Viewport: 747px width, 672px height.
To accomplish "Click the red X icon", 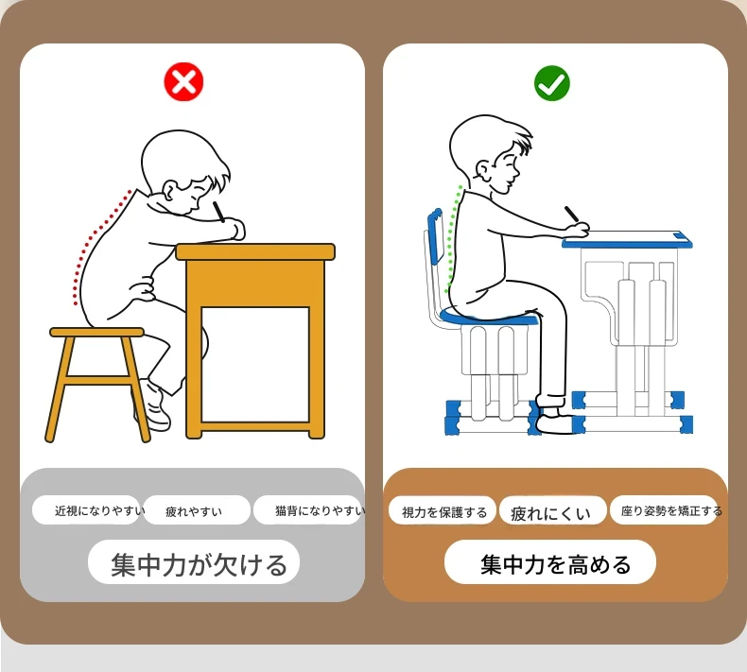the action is (x=183, y=81).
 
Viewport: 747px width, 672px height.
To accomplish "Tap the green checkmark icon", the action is (x=552, y=83).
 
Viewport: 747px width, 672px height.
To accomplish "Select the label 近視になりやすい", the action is (x=100, y=510).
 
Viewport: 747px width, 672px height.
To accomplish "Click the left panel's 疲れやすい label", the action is (x=194, y=511).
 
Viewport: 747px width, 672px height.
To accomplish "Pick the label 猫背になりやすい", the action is (x=321, y=510).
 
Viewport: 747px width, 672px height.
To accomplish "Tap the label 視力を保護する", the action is (x=444, y=512).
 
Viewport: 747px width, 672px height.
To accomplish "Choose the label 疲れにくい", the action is (x=550, y=513).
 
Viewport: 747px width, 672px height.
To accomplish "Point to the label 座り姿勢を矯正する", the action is (x=671, y=511).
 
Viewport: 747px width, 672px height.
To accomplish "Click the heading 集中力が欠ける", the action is (x=200, y=564).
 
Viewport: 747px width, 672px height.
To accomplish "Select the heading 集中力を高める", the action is (x=555, y=564).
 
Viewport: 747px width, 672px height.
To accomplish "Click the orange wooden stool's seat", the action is (x=96, y=332).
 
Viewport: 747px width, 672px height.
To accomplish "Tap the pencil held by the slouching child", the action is (x=218, y=212).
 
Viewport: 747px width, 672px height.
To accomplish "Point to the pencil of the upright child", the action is (x=572, y=214).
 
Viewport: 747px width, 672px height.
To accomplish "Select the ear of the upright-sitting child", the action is (x=483, y=170).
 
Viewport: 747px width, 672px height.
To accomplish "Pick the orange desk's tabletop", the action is (x=255, y=252).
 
